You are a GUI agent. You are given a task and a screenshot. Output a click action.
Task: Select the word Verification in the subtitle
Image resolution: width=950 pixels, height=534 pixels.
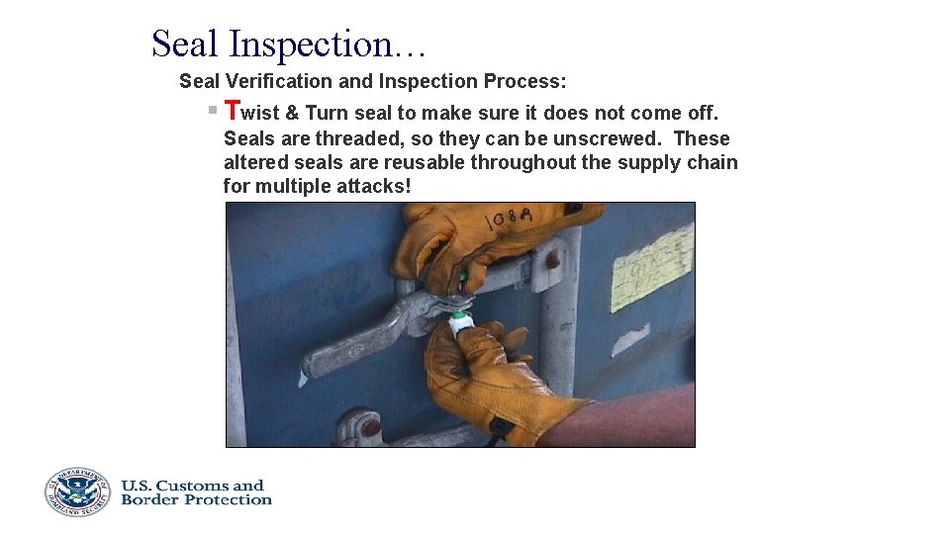coord(280,81)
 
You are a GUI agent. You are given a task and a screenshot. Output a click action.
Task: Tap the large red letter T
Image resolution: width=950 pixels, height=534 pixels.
coord(233,111)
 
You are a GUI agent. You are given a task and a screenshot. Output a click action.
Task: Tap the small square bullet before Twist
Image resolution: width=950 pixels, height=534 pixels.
coord(212,110)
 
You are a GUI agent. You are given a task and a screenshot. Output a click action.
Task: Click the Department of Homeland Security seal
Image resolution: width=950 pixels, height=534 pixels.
coord(76,491)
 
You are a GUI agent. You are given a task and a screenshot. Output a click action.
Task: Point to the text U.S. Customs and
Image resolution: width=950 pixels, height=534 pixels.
coord(193,485)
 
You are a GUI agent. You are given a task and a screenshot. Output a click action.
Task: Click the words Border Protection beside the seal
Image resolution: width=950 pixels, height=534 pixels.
coord(196,500)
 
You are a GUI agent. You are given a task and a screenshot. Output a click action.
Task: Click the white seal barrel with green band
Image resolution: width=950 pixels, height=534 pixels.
coord(459,323)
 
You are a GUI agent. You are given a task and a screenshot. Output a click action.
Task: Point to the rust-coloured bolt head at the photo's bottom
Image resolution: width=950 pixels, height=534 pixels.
coord(370,428)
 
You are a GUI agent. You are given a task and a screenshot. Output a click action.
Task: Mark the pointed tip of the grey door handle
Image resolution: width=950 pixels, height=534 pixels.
coord(310,370)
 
